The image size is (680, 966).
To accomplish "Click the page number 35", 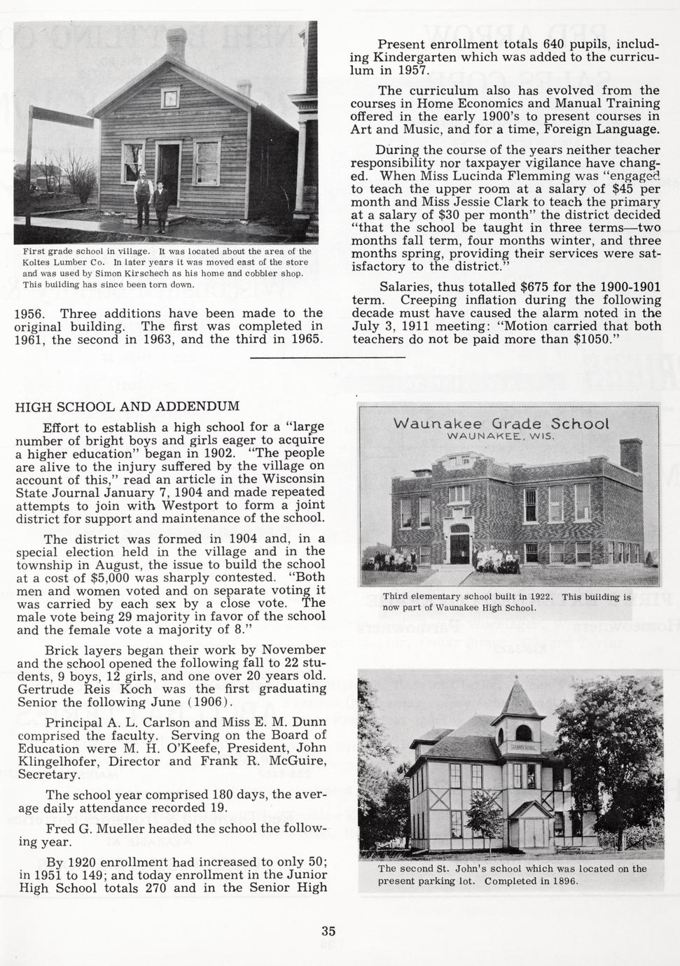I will pos(328,931).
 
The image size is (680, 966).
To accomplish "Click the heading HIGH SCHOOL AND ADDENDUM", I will pos(127,407).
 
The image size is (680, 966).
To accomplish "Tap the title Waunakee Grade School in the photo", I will pos(501,424).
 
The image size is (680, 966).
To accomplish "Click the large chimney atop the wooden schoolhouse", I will pos(176,44).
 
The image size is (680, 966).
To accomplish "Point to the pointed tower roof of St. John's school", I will pos(518,700).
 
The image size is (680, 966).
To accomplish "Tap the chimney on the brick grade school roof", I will pos(630,457).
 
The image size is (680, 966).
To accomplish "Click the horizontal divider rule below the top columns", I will pos(327,358).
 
